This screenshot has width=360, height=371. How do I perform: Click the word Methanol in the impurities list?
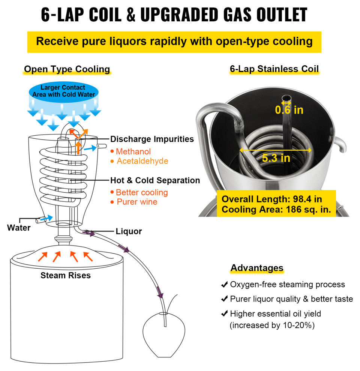tap(133, 151)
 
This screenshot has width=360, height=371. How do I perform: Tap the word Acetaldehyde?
tap(142, 161)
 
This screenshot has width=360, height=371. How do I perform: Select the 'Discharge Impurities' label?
tap(152, 139)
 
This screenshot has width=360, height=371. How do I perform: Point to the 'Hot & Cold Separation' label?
tap(155, 180)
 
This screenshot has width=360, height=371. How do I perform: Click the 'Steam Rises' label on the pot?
tap(66, 275)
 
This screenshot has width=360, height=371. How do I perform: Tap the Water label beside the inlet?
tap(19, 227)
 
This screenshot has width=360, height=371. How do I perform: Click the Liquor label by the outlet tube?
tap(129, 231)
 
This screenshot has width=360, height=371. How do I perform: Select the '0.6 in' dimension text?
tap(289, 110)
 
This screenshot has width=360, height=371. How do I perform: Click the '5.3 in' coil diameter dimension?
tap(276, 158)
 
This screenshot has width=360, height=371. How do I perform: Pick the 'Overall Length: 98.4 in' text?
tap(271, 199)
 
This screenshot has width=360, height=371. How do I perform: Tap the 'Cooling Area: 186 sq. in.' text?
tap(276, 209)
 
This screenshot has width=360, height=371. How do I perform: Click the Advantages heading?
tap(257, 268)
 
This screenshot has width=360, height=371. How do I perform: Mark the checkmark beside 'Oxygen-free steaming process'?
tap(224, 284)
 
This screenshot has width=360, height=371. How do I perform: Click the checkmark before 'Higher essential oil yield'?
tap(224, 314)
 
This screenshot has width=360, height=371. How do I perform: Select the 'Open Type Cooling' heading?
tap(67, 69)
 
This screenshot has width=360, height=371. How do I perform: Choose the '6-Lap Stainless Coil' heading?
tap(274, 69)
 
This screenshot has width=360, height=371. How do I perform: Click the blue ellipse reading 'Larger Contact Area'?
tap(63, 92)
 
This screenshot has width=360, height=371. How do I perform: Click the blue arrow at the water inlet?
tap(46, 218)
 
